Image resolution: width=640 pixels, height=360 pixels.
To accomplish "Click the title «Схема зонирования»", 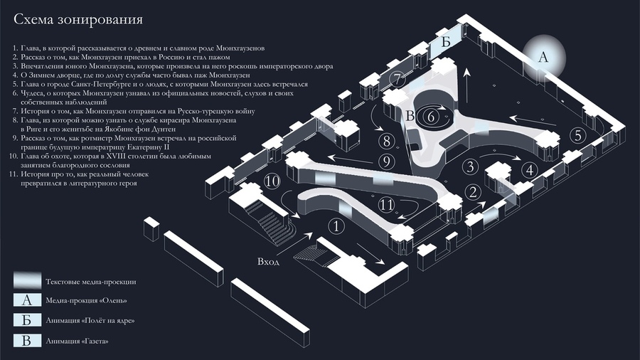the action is pos(78,19).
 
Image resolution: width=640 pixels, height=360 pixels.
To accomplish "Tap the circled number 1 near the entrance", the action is pos(336,226).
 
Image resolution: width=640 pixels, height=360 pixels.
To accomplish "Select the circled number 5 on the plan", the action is pos(577,135).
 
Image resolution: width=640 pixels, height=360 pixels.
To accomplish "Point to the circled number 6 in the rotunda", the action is pos(431,117).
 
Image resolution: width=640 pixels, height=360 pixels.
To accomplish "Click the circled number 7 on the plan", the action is pos(398,79).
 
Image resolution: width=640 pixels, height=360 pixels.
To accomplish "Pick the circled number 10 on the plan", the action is pos(272,181).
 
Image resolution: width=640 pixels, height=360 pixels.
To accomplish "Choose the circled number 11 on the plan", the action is pos(386,204).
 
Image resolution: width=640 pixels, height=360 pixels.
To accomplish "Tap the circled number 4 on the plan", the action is pos(530,170).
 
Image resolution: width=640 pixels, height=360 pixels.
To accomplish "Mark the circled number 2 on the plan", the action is pos(473,192).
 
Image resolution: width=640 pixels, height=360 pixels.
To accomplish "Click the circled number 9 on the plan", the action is pos(386,162).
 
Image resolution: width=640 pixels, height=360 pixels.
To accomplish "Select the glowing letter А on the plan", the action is pos(543,57).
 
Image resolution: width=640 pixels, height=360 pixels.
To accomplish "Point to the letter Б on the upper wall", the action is pos(446,42).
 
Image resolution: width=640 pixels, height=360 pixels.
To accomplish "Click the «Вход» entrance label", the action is pos(268,262).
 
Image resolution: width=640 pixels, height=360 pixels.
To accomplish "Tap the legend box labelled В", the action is pos(27,340).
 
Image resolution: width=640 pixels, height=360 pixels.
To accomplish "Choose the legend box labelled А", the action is pos(27,300).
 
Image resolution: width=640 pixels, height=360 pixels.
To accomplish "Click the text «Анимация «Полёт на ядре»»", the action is pos(90,320).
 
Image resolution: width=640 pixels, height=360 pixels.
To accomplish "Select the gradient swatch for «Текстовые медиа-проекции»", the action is pos(27,280).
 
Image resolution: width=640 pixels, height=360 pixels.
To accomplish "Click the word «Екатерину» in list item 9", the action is pos(145,147).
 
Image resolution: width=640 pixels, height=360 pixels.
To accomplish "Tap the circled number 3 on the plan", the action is pos(471,166).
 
